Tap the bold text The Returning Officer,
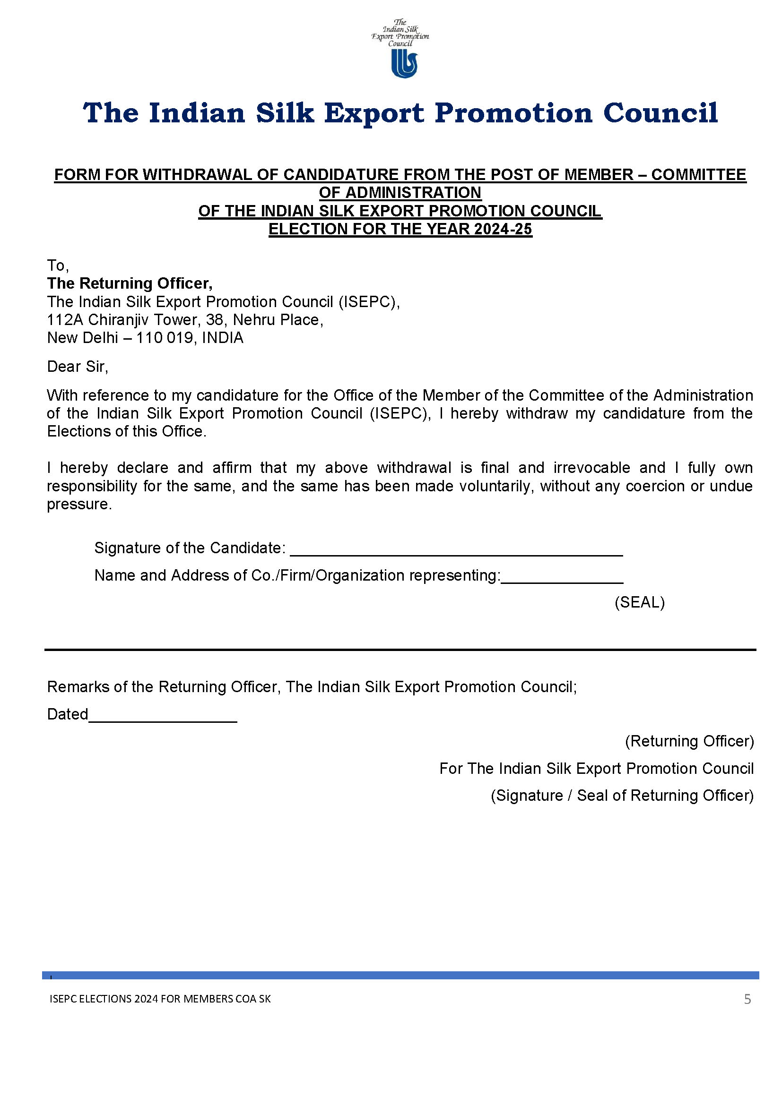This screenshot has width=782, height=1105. click(130, 283)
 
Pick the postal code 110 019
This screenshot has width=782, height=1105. click(164, 338)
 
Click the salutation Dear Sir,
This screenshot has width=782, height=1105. click(78, 367)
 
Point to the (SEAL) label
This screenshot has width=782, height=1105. click(639, 602)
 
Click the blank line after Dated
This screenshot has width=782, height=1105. click(163, 718)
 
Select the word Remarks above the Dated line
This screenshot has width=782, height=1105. click(78, 687)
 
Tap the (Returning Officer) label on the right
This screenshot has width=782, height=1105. click(689, 741)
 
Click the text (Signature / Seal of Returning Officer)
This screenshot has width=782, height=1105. click(622, 796)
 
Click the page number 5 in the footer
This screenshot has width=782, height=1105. click(747, 1000)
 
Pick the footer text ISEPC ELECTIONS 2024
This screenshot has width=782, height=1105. click(104, 999)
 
